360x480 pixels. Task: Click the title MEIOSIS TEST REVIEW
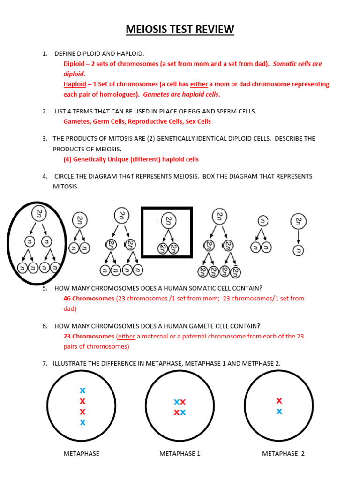click(180, 30)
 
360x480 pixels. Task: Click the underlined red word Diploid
click(74, 64)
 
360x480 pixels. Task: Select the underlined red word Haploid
click(75, 84)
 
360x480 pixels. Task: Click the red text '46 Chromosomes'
click(89, 298)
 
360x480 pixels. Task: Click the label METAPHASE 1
click(180, 453)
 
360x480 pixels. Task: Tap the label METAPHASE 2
click(283, 453)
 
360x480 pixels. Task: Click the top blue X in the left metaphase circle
click(82, 390)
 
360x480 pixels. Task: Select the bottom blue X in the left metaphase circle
click(82, 422)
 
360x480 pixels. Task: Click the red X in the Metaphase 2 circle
click(279, 400)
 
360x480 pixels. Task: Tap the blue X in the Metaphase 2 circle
click(279, 411)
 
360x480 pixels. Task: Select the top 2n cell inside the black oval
click(39, 214)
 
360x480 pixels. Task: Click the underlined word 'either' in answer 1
click(199, 84)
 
